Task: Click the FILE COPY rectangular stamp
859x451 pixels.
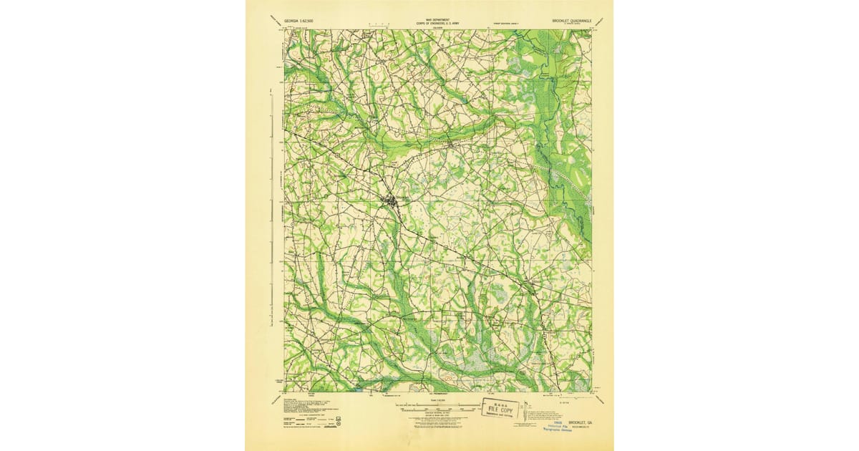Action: [x=500, y=408]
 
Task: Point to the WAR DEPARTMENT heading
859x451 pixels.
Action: [x=435, y=20]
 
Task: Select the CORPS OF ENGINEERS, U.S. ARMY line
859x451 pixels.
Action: [x=435, y=24]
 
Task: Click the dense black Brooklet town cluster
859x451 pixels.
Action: [x=392, y=202]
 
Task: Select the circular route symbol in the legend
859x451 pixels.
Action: [x=339, y=424]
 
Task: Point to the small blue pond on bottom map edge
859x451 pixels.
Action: [x=359, y=390]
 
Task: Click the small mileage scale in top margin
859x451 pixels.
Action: [x=372, y=25]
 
